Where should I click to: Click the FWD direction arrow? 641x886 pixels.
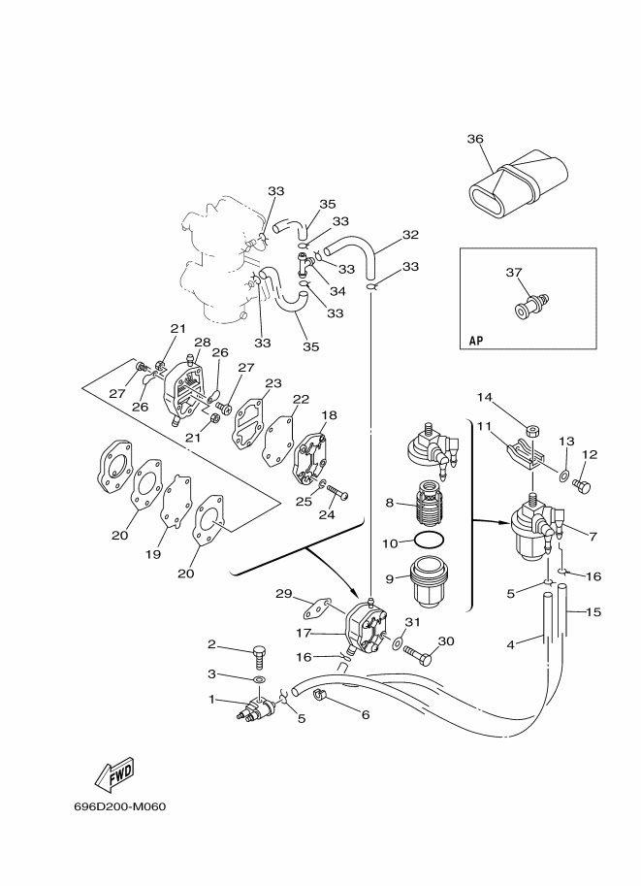tap(114, 774)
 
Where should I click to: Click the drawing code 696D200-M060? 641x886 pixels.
tap(119, 806)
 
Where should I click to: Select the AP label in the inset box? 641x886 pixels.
tap(476, 341)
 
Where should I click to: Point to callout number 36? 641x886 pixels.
tap(475, 139)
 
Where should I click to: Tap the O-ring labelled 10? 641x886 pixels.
tap(429, 541)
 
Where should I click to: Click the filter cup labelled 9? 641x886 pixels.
tap(429, 582)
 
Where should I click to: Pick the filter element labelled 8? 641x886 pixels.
tap(428, 500)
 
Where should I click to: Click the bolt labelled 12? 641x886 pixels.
tap(581, 485)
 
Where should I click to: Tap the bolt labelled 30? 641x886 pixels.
tap(419, 654)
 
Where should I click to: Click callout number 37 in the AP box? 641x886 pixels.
tap(513, 273)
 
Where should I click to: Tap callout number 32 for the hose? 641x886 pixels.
tap(410, 235)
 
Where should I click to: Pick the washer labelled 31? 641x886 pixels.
tap(398, 642)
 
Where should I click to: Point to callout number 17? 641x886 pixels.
tap(304, 633)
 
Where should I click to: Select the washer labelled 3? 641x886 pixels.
tap(259, 678)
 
